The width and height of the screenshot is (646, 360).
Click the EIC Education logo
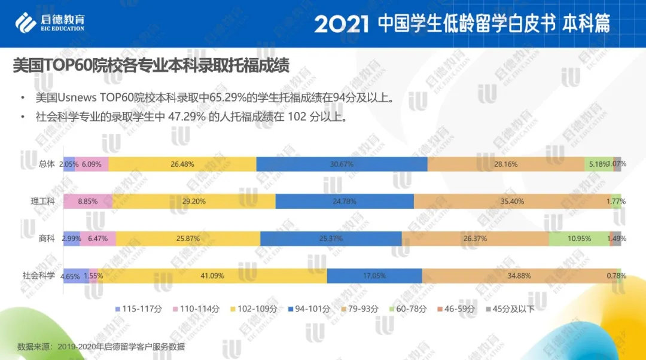50,23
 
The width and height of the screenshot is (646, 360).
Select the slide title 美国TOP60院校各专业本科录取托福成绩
151,66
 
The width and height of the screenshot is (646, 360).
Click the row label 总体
47,164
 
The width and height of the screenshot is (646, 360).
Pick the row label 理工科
43,201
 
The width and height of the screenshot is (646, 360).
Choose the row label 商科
47,238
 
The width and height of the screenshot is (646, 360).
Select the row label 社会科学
39,275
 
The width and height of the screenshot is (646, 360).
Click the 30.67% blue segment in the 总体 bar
342,164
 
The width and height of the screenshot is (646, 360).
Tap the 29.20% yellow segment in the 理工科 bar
193,201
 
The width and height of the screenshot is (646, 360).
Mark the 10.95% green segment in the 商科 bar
578,238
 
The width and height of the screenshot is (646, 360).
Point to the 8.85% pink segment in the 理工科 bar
87,201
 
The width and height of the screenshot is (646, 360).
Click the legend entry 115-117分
137,309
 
